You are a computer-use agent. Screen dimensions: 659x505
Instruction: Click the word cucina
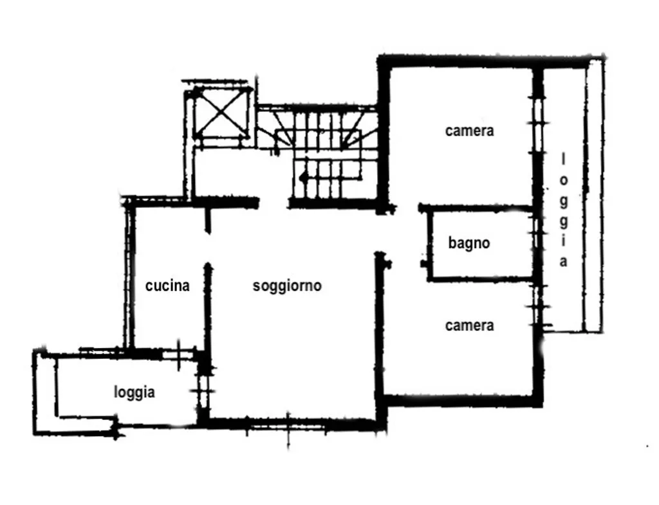[167, 286]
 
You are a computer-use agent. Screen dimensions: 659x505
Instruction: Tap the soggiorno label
[287, 286]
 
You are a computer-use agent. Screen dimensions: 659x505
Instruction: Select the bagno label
[469, 243]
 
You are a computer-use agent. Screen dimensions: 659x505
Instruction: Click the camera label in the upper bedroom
[469, 131]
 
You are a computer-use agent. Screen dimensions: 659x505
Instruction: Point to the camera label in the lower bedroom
[469, 326]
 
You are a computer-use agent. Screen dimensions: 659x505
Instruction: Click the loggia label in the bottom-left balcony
[135, 392]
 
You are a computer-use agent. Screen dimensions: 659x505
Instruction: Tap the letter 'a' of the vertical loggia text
[563, 262]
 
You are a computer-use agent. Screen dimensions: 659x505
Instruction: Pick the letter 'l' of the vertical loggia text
[563, 160]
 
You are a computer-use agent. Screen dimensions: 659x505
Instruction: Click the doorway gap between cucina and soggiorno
[207, 248]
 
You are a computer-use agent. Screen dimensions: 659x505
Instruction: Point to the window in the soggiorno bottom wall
[288, 427]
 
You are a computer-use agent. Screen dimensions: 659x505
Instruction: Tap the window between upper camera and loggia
[538, 124]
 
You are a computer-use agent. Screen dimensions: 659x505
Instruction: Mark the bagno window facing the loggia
[537, 243]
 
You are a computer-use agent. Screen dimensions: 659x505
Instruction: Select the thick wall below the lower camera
[463, 401]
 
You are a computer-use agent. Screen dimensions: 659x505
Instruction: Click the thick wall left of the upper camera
[384, 134]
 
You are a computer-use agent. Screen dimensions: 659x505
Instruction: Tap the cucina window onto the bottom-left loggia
[178, 356]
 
